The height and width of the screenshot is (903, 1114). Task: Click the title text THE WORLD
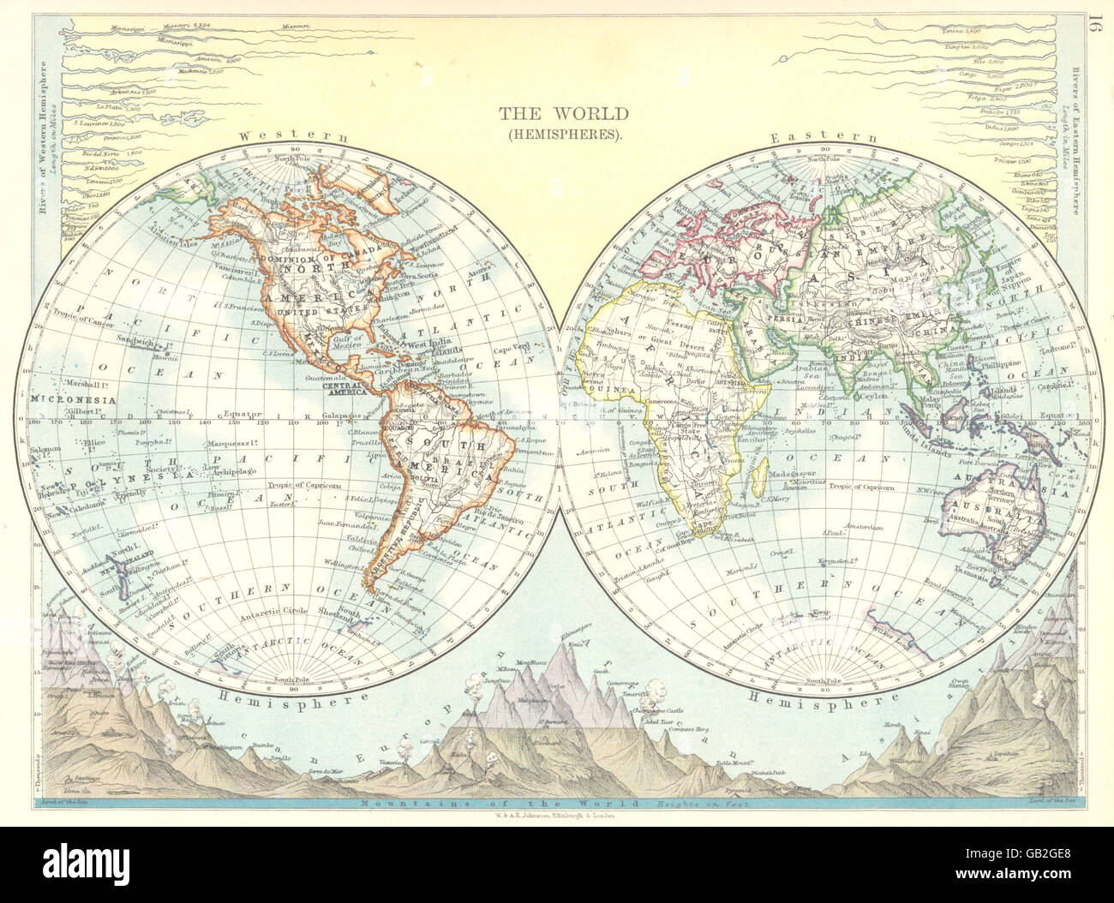[564, 113]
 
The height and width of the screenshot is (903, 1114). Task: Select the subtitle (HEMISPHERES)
[564, 134]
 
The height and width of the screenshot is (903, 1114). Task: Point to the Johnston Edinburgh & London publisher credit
[557, 817]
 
